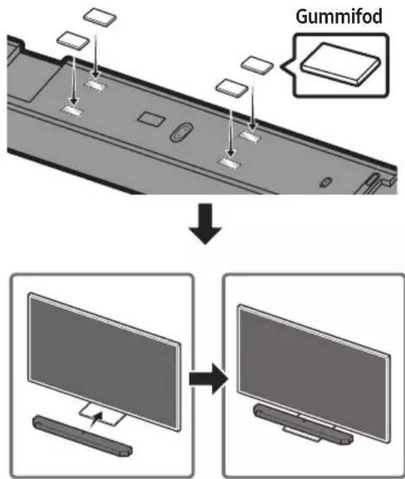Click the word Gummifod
(x=339, y=17)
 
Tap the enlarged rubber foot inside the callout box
(x=340, y=64)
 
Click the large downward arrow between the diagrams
(x=205, y=224)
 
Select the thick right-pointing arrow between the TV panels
(x=209, y=379)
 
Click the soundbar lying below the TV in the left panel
(x=82, y=436)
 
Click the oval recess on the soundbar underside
(x=181, y=132)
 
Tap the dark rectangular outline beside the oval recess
(x=151, y=118)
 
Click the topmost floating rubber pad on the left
(x=100, y=17)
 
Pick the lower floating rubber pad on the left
(x=73, y=40)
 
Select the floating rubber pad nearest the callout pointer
(x=258, y=65)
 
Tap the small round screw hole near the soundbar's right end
(x=324, y=182)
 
